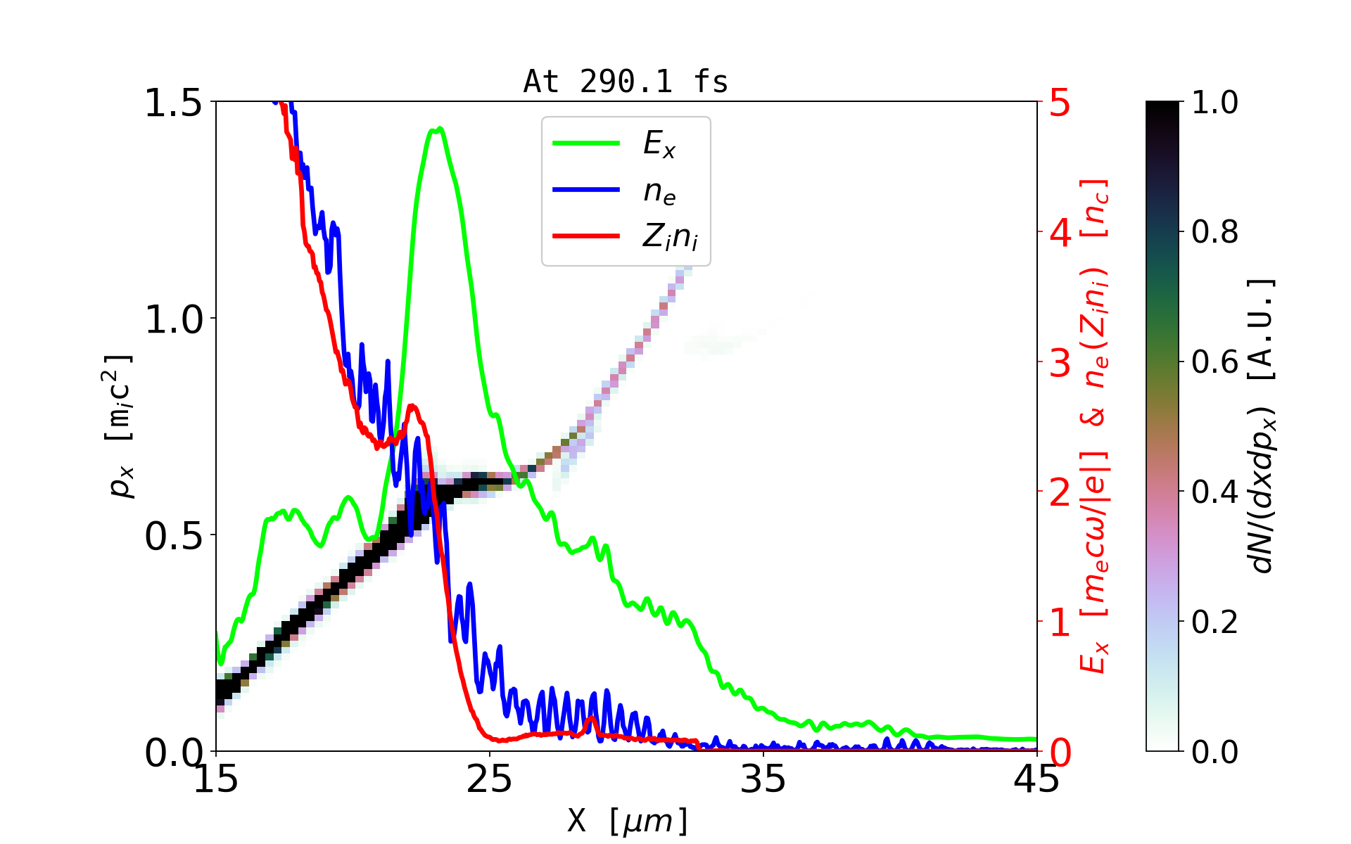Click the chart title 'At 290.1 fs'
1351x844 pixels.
[x=626, y=82]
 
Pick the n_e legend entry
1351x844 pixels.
[x=659, y=191]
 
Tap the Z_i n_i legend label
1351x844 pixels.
[x=670, y=237]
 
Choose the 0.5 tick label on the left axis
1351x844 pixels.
[x=173, y=536]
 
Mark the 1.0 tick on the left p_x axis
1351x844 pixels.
[x=173, y=319]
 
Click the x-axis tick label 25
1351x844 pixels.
[x=490, y=779]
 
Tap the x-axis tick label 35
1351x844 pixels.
[x=763, y=779]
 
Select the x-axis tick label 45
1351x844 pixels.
[x=1036, y=779]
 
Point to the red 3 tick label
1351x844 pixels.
[x=1060, y=363]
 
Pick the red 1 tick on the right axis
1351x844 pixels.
[x=1060, y=623]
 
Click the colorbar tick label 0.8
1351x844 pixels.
[x=1214, y=232]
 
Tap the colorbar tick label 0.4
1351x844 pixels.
[x=1214, y=492]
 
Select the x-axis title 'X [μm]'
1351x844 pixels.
[x=628, y=820]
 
